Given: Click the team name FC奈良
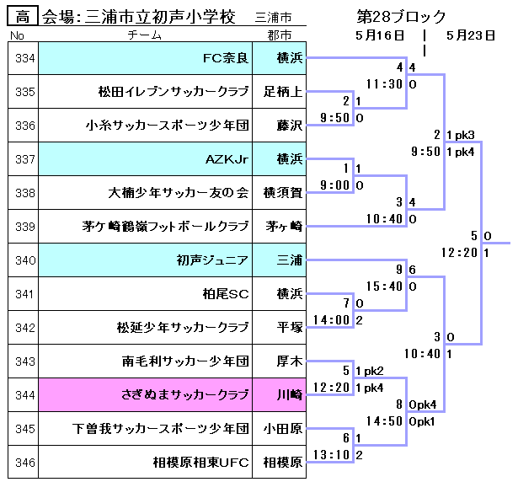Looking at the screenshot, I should point(226,58).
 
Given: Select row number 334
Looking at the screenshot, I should point(24,58).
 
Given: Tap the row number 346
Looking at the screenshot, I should point(24,463).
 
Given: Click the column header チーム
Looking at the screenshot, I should point(145,35).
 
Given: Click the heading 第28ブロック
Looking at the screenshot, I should point(401,17).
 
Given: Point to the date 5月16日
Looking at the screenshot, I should point(380,35).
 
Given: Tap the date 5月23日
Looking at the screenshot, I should point(471,35).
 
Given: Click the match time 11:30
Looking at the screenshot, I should point(384,84).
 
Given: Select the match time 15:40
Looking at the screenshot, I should point(384,286).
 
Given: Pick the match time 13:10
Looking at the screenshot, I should point(332,455).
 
